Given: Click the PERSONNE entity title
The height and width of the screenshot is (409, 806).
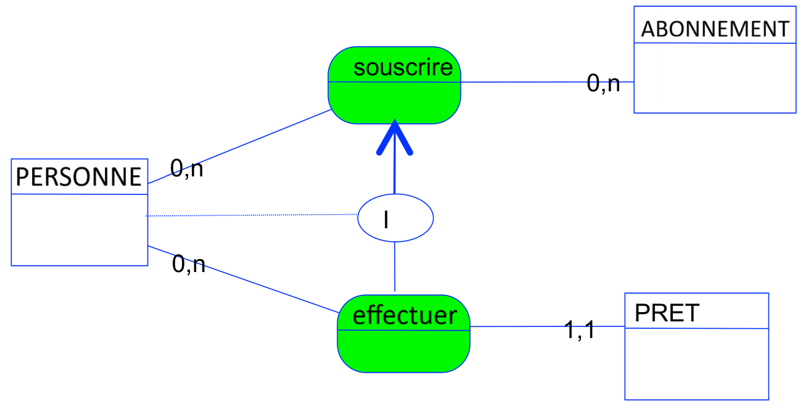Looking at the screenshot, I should coord(79,177).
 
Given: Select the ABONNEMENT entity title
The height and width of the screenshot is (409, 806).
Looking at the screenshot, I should coord(715,29).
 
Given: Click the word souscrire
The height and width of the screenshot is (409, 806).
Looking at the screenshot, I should coord(403,67).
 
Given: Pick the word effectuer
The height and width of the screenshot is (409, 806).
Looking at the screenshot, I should coord(405,315).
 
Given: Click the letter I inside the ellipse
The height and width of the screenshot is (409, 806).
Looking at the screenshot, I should coord(386,220).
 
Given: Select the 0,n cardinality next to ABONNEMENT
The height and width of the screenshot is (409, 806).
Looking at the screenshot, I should coord(603,83).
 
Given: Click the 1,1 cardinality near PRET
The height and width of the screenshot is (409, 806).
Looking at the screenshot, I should coord(580,331).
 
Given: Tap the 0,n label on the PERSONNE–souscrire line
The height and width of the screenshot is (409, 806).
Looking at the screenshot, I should coord(186,168).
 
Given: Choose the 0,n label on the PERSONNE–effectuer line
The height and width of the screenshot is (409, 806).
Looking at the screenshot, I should coord(188,265).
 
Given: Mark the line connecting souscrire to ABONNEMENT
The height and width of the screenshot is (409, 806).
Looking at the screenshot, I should coord(524,81).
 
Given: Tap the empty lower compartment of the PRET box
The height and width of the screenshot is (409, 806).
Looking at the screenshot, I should coord(696,363).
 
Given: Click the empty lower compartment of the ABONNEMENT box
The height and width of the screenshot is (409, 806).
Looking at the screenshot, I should coord(715,78).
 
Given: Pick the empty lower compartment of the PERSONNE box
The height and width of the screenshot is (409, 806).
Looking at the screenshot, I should coord(79,229).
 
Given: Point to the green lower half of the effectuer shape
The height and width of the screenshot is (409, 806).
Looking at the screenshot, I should coord(403,351).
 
